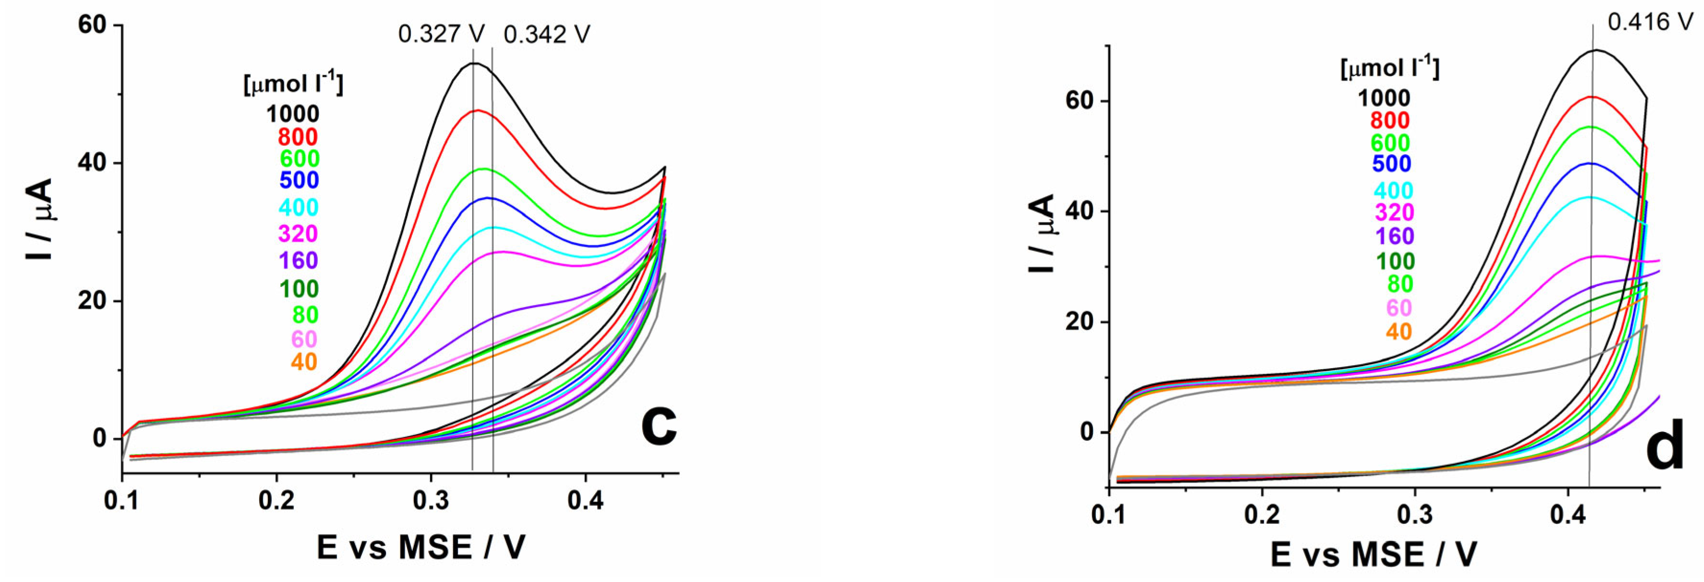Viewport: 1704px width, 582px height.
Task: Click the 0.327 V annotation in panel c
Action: [x=441, y=34]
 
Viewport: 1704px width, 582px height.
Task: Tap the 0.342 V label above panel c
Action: [x=546, y=34]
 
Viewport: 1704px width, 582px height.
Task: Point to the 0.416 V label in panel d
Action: [x=1649, y=22]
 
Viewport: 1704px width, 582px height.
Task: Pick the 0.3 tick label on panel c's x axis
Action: [x=431, y=501]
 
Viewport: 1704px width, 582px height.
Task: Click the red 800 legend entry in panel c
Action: [x=297, y=137]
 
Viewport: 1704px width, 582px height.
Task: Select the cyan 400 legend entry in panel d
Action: [x=1393, y=191]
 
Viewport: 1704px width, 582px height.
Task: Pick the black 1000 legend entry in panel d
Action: [x=1384, y=98]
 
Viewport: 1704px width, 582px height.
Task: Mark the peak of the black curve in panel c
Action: [x=474, y=63]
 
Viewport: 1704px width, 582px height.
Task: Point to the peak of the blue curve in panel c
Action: [x=488, y=198]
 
